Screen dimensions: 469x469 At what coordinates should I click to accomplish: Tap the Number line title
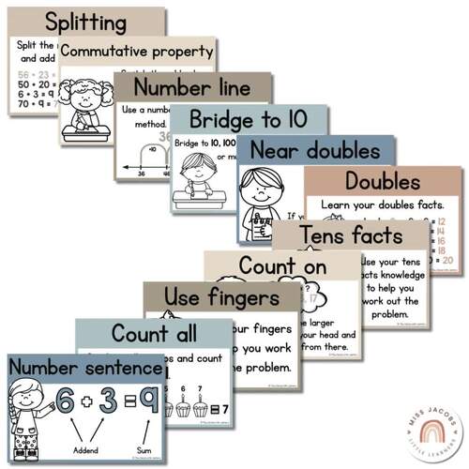tap(192, 88)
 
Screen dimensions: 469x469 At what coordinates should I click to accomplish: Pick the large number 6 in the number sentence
tap(65, 402)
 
